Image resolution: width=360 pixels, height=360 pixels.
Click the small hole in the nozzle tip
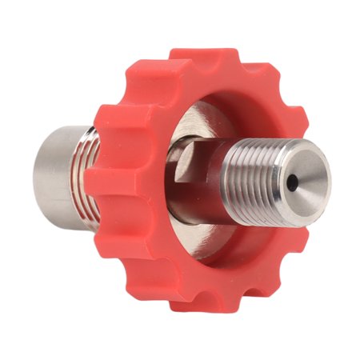click(294, 185)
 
